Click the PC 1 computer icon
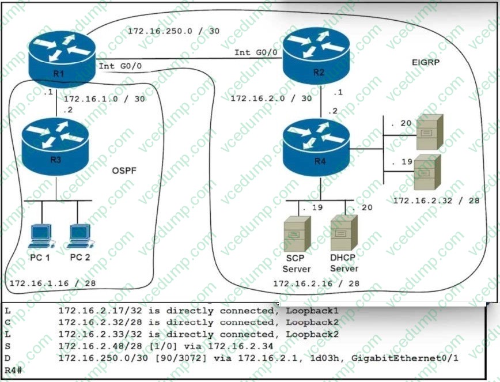(x=40, y=236)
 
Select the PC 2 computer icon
(x=79, y=236)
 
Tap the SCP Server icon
(x=297, y=233)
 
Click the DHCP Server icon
(x=344, y=233)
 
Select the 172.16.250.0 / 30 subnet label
(x=173, y=31)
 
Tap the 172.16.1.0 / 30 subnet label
(x=104, y=99)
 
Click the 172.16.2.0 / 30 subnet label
(x=271, y=99)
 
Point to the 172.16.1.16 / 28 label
(x=52, y=283)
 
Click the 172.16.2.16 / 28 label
(x=316, y=283)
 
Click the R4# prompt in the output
(x=14, y=369)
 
